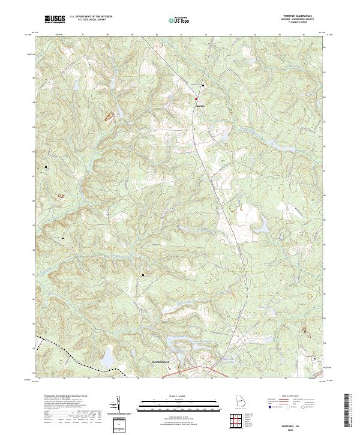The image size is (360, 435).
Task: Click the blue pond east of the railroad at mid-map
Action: click(x=262, y=226)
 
